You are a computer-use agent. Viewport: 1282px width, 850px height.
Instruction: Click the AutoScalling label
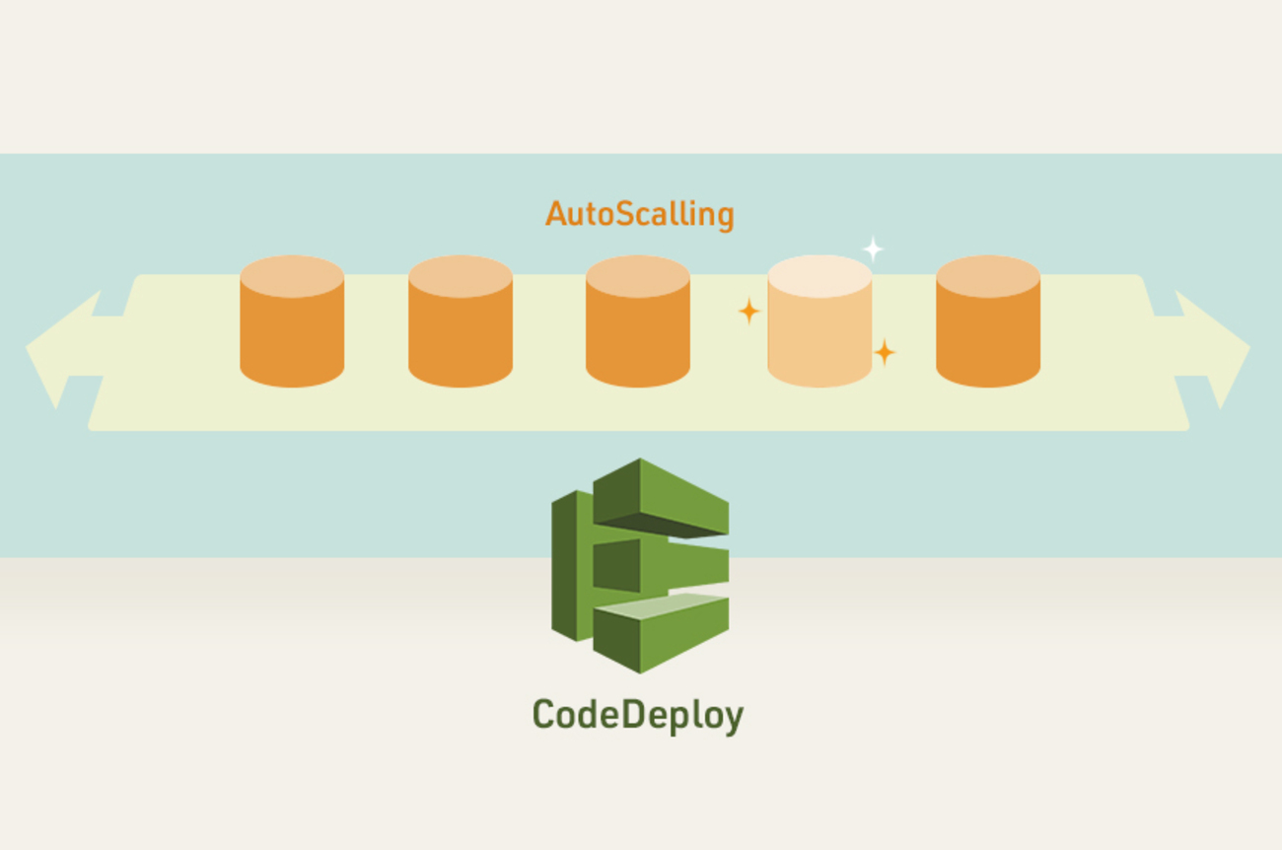coord(639,214)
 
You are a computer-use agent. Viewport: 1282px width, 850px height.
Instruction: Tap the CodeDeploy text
coord(637,715)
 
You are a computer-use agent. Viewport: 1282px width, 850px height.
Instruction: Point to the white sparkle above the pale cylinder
coord(873,248)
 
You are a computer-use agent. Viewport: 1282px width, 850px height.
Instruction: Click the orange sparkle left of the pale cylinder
coord(749,312)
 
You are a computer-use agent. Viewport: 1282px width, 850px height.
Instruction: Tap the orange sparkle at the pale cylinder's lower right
coord(885,352)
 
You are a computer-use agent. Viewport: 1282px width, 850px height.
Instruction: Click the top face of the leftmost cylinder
coord(292,276)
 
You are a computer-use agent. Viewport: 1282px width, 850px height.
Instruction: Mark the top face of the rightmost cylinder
coord(988,276)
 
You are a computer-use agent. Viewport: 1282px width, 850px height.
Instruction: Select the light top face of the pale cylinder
coord(819,276)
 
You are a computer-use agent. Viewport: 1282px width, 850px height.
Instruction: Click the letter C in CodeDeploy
coord(544,714)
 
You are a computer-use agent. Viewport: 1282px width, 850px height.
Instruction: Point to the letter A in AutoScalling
coord(557,214)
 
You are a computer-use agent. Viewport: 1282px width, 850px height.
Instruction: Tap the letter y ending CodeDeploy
coord(731,718)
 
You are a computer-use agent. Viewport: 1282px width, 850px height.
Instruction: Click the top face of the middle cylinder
coord(638,276)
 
